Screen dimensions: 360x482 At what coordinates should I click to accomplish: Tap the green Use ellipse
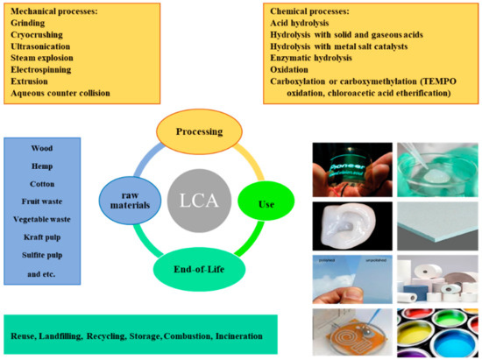(268, 204)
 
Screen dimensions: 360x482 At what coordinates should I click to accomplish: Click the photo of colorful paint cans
(436, 328)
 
